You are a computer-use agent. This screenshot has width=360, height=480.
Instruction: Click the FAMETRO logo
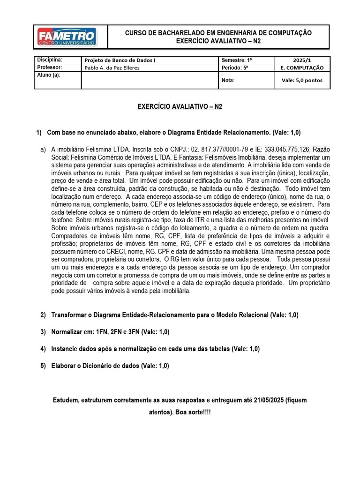point(67,37)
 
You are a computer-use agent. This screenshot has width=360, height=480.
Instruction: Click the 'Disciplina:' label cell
point(49,60)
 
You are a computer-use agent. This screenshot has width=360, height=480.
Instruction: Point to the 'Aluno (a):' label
point(49,75)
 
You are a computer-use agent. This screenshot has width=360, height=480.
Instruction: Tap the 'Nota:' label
point(228,80)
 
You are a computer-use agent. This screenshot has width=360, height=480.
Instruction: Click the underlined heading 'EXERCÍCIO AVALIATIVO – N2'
point(180,107)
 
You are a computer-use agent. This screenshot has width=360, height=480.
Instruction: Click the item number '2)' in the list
point(43,315)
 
